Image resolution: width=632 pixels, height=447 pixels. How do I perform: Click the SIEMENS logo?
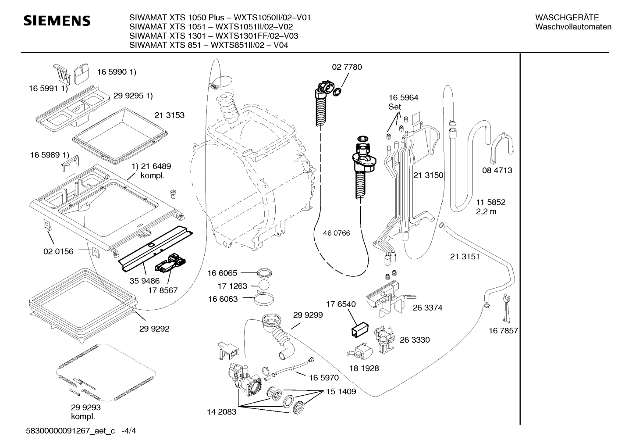[57, 21]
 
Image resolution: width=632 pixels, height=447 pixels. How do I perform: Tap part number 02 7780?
[347, 67]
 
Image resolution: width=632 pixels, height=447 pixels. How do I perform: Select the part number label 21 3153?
[169, 115]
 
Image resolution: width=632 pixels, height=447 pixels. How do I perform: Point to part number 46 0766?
[336, 233]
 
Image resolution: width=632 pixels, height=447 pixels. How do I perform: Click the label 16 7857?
[503, 331]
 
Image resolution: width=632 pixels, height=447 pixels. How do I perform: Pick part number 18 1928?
[364, 368]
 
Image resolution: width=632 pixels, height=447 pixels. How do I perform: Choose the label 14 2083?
[221, 412]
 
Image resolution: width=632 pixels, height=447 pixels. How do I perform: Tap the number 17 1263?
[232, 286]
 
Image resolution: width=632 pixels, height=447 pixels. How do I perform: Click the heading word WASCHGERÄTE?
[567, 18]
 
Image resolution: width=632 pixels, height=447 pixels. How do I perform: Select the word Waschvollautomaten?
[573, 27]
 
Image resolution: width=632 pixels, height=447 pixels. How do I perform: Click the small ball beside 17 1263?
[264, 285]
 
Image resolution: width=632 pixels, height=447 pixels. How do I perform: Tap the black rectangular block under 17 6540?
[360, 329]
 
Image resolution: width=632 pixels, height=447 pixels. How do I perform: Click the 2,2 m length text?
[486, 211]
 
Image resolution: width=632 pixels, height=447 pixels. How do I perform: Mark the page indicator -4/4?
[129, 431]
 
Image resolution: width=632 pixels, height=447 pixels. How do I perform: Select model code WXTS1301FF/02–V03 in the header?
[257, 36]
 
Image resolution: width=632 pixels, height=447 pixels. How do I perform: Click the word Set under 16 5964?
[394, 107]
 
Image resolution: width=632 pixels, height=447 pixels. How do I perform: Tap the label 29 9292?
[154, 329]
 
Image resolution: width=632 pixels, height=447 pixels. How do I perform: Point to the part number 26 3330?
[415, 340]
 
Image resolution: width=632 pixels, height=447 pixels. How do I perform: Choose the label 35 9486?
[145, 281]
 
